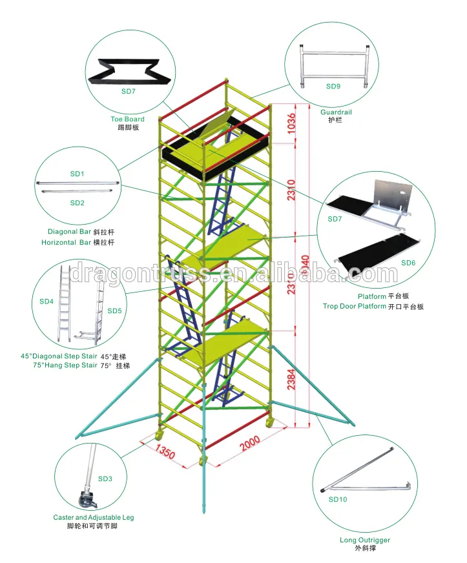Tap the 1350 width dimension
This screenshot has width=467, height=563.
coord(165,450)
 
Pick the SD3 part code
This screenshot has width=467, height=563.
coord(105,478)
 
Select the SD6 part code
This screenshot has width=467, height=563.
coord(408,263)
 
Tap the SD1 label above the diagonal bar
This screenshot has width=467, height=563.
coord(78,174)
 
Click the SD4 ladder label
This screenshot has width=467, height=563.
coord(47,301)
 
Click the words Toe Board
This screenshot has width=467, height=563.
coord(127,119)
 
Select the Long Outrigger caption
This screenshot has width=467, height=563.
coord(364,540)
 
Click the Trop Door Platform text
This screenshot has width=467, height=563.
coord(354,307)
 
